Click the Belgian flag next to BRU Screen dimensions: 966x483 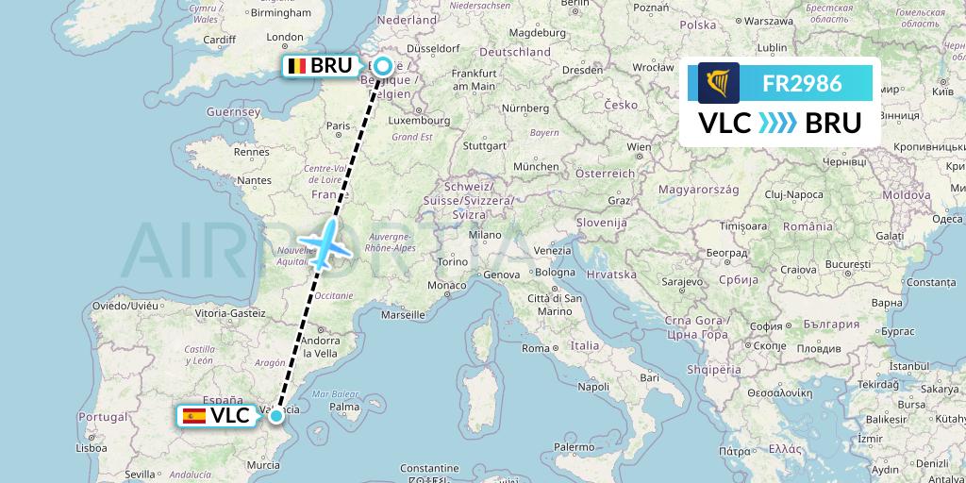click(297, 66)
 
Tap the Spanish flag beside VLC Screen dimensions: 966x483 click(194, 415)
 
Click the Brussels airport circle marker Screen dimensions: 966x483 click(383, 66)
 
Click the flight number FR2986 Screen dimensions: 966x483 click(802, 83)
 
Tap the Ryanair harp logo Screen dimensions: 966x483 click(719, 83)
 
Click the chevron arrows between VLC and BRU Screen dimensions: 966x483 click(778, 124)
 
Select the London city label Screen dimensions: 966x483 click(285, 38)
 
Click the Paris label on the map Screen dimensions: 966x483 click(338, 125)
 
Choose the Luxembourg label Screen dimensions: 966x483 click(421, 121)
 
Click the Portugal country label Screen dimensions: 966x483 click(103, 416)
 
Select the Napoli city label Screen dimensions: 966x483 click(592, 387)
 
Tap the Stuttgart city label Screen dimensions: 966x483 click(486, 145)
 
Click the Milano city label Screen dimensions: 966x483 click(487, 234)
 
